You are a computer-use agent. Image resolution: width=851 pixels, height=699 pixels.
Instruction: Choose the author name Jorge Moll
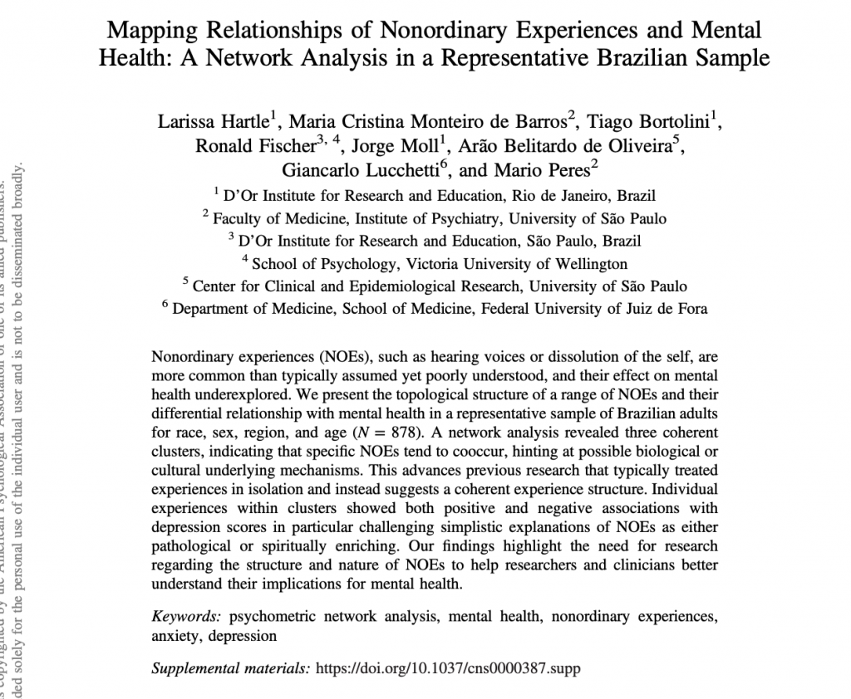point(398,147)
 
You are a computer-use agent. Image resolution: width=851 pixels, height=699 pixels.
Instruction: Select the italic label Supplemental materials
point(229,667)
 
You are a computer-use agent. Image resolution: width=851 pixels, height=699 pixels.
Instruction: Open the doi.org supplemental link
point(449,667)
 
